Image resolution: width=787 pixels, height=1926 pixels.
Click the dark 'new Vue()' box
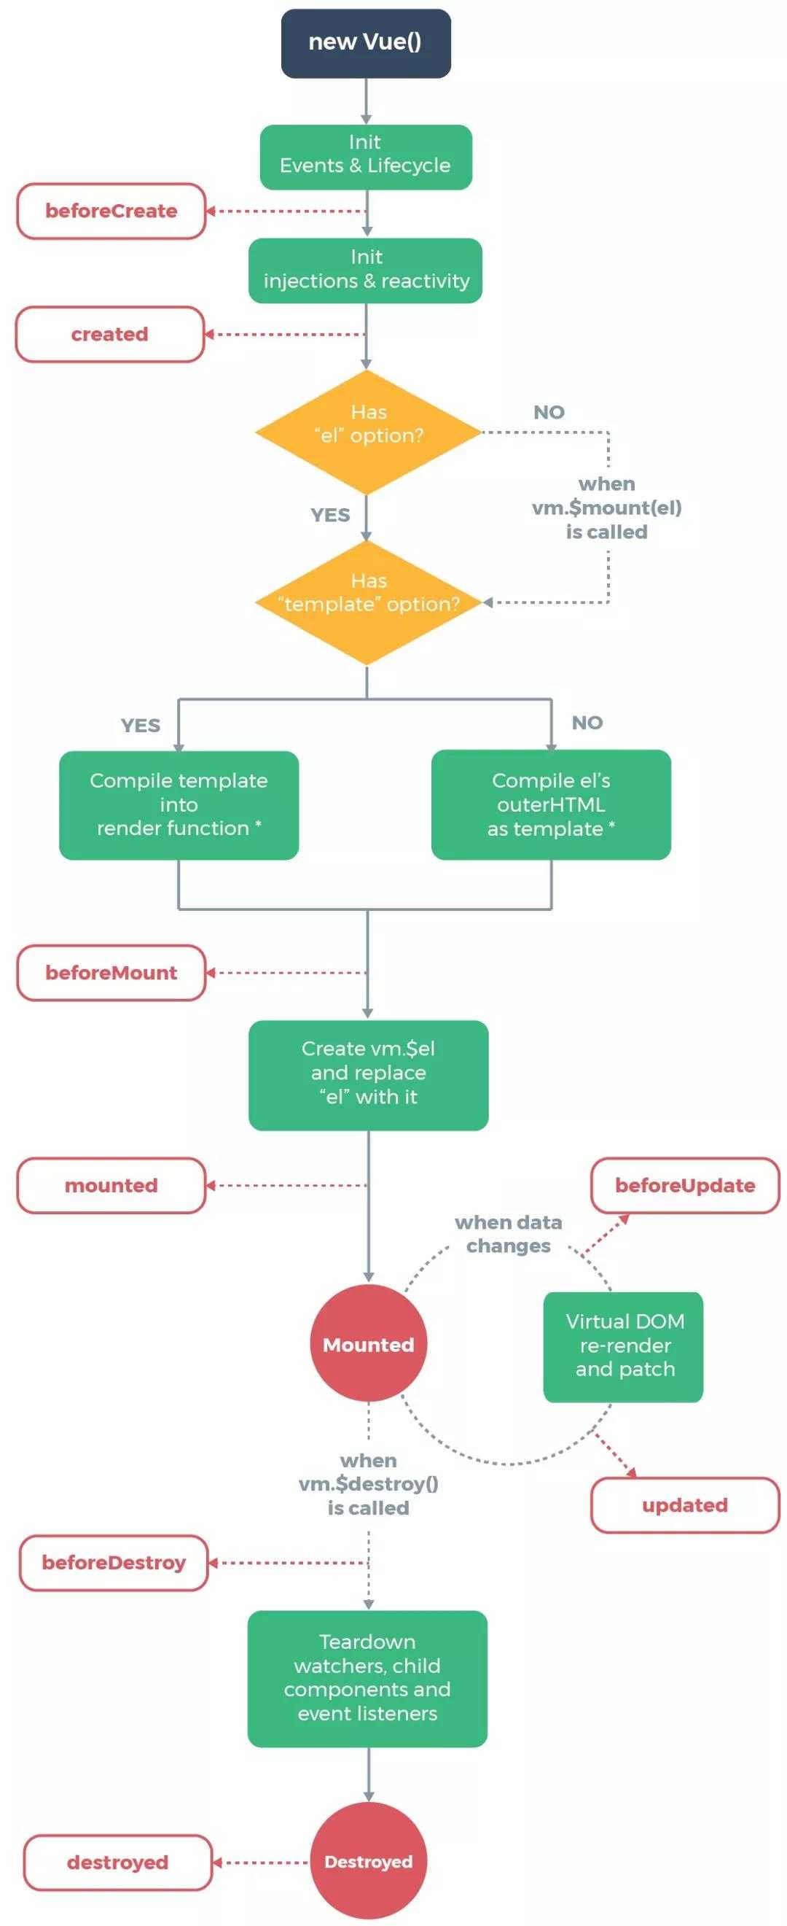click(366, 43)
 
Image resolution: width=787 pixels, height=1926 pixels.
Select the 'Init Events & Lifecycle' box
click(366, 157)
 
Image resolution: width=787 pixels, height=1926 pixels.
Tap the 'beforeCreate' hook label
click(111, 211)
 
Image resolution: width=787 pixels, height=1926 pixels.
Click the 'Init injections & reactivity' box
click(366, 271)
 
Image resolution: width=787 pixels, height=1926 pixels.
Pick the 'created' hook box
click(110, 334)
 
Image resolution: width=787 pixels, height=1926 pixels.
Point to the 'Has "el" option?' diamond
click(368, 432)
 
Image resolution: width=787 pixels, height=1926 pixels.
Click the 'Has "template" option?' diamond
click(368, 602)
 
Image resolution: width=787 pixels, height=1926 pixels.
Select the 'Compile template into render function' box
click(179, 805)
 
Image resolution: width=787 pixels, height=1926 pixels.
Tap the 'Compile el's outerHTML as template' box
click(551, 805)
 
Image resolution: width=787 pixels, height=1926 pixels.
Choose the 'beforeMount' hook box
click(111, 973)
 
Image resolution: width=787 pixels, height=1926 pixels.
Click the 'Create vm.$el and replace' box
click(369, 1075)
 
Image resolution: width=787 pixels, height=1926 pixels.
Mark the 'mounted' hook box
click(111, 1185)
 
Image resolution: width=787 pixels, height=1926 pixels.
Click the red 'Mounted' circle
click(369, 1343)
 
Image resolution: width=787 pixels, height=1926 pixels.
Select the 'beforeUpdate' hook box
click(686, 1185)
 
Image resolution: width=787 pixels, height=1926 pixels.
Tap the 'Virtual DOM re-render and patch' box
click(623, 1346)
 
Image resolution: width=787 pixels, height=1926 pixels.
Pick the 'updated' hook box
click(686, 1505)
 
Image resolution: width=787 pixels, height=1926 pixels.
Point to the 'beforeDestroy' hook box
click(114, 1563)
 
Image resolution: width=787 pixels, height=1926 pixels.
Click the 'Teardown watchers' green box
click(368, 1679)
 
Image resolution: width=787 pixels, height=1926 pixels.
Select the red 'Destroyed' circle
click(369, 1861)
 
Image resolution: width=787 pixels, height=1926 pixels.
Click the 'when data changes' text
click(508, 1235)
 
